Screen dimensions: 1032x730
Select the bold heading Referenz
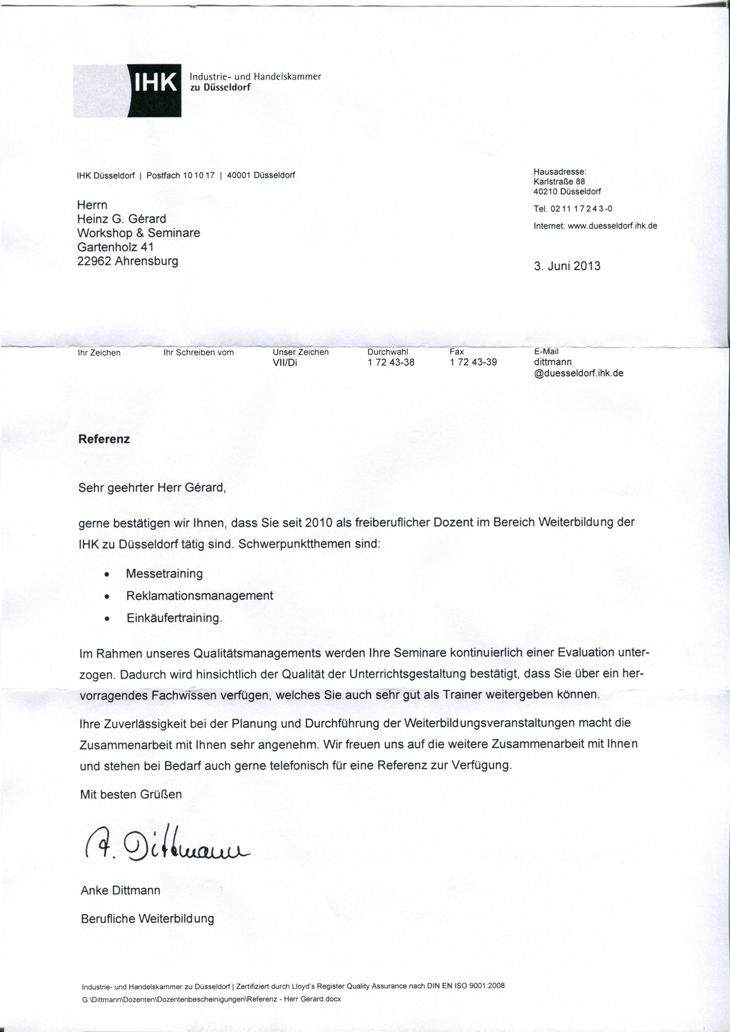pyautogui.click(x=104, y=439)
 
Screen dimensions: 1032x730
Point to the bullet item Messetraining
pyautogui.click(x=164, y=573)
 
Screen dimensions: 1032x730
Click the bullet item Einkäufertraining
pyautogui.click(x=174, y=618)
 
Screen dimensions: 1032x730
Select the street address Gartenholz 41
pyautogui.click(x=116, y=247)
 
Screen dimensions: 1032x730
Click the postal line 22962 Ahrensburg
pyautogui.click(x=128, y=261)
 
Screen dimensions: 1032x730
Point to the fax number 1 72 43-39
pyautogui.click(x=473, y=362)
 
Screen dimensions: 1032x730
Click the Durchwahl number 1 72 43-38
pyautogui.click(x=390, y=362)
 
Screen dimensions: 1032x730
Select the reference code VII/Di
pyautogui.click(x=285, y=362)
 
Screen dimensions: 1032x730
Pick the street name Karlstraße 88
pyautogui.click(x=559, y=181)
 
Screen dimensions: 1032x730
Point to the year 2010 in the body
pyautogui.click(x=318, y=523)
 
